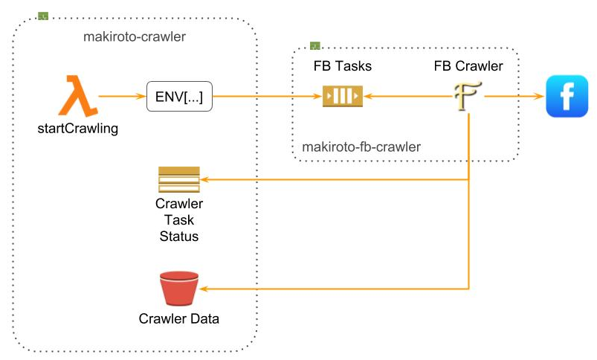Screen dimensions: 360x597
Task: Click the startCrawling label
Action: [78, 129]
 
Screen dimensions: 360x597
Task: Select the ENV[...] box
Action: [179, 97]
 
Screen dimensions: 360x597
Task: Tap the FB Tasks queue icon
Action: [342, 97]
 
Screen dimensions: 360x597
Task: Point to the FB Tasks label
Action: [342, 67]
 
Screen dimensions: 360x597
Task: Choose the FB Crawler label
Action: [468, 67]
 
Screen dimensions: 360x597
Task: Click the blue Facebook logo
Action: [567, 97]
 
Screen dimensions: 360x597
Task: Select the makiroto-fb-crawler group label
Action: [361, 147]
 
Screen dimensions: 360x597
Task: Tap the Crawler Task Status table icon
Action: [179, 179]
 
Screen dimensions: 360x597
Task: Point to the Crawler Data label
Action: [179, 320]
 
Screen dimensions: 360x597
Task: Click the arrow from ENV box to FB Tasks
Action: [268, 97]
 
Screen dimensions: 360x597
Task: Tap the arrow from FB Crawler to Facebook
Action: [513, 97]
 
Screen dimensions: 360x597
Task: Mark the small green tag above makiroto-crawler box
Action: [43, 15]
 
